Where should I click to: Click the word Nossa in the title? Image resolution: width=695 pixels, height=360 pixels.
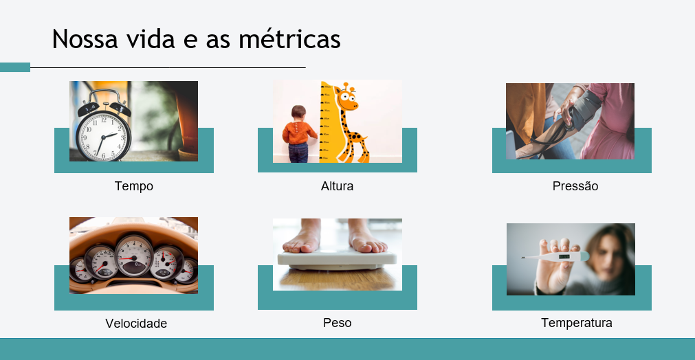click(x=85, y=39)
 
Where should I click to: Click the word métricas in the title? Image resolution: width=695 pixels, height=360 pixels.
click(x=289, y=38)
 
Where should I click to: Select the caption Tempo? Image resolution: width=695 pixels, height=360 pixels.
click(x=134, y=186)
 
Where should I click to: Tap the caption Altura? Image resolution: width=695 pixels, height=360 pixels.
click(x=338, y=186)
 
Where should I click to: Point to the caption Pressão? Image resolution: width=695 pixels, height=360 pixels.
click(x=575, y=186)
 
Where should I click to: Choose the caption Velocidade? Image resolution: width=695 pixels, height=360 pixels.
click(x=136, y=324)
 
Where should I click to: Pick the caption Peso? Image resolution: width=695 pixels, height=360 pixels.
click(x=338, y=323)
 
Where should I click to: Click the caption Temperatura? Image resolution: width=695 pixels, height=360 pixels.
click(x=577, y=323)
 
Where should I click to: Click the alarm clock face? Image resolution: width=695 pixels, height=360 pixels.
click(x=103, y=137)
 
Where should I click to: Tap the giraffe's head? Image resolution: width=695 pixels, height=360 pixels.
click(x=346, y=97)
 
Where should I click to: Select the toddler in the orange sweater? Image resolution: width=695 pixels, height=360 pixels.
click(x=299, y=134)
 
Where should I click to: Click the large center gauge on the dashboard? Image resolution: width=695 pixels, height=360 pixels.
click(x=134, y=256)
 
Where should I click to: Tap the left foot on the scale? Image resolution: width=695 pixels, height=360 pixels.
click(x=302, y=236)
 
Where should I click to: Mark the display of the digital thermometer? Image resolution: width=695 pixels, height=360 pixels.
click(x=564, y=256)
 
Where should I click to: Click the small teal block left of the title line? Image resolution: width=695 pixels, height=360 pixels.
click(x=15, y=67)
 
